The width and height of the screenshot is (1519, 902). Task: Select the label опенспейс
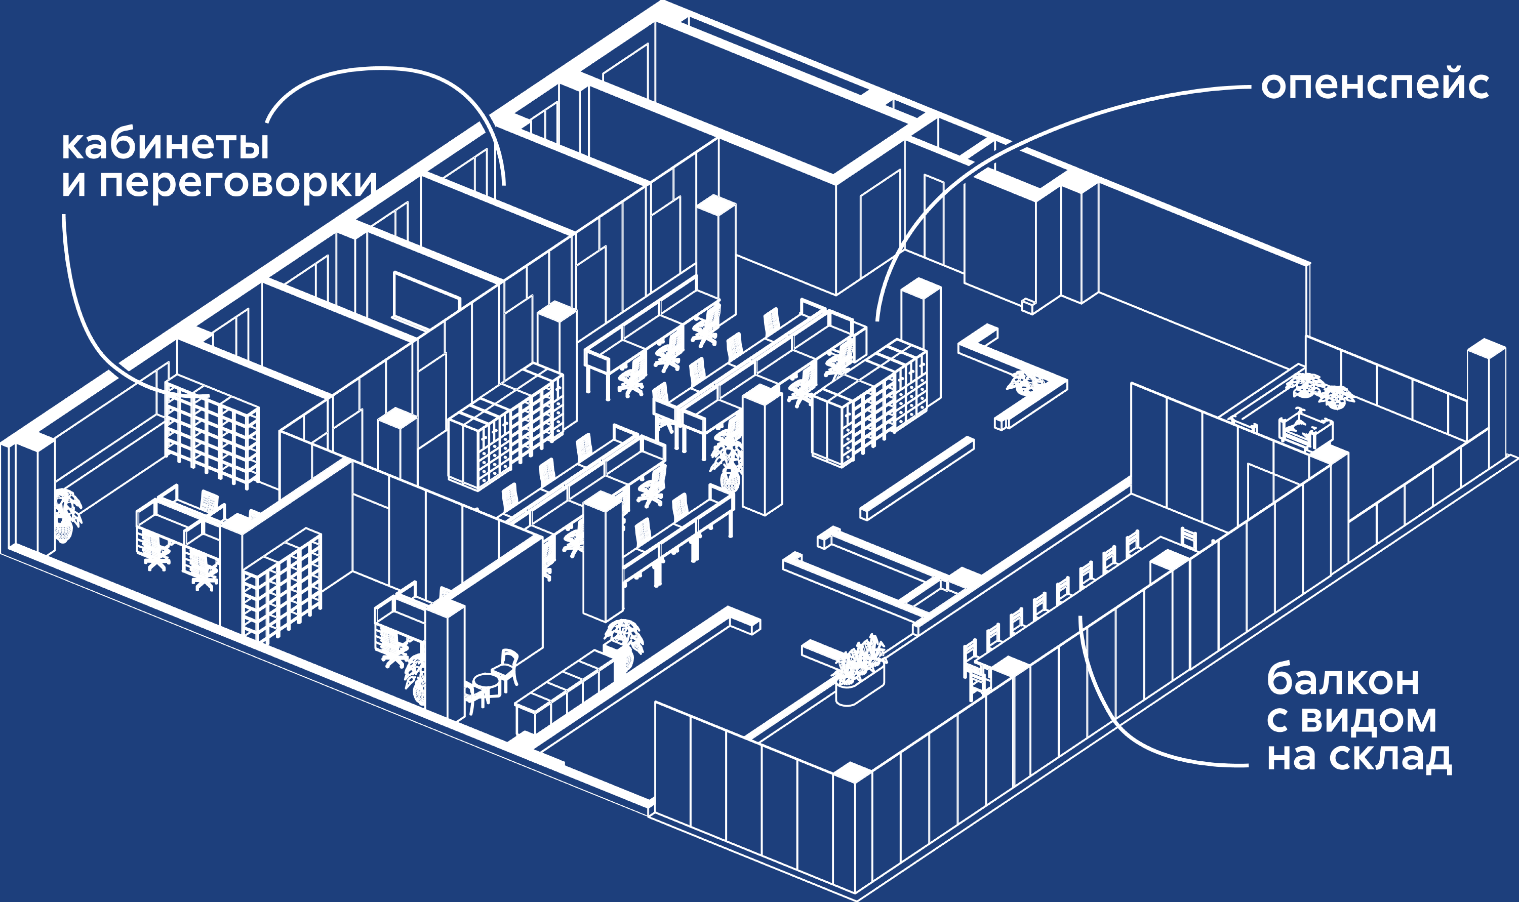click(1374, 86)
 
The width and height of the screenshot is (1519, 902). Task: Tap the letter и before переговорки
click(73, 184)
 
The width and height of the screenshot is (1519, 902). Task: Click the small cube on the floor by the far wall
click(1027, 306)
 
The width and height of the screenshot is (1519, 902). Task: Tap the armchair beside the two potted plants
click(1305, 429)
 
